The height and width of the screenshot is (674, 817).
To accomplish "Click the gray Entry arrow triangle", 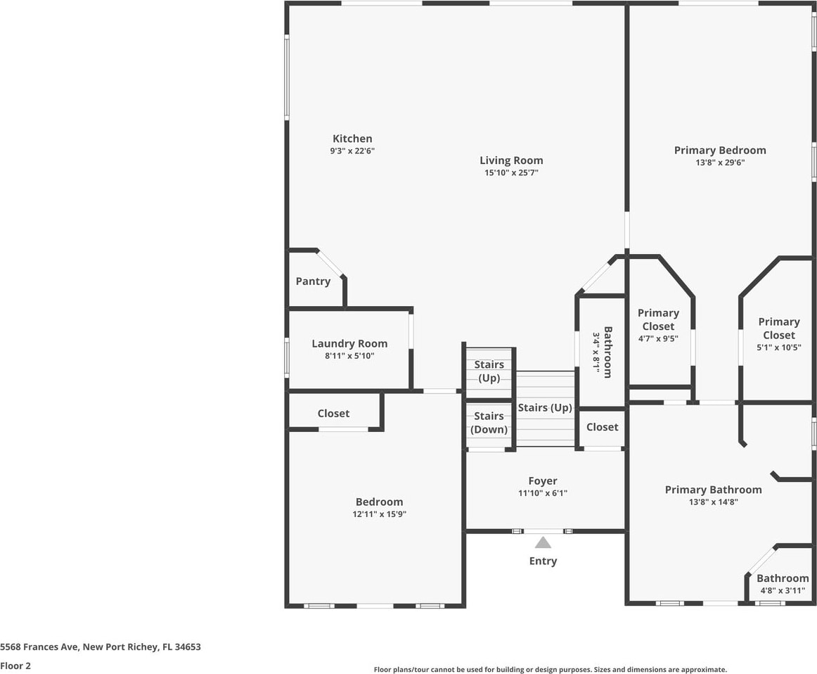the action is (x=543, y=542).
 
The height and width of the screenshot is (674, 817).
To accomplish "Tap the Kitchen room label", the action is (x=353, y=139).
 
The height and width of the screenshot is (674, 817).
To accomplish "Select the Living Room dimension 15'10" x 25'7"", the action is (x=511, y=172).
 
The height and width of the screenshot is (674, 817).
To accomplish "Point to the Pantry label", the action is (x=313, y=281).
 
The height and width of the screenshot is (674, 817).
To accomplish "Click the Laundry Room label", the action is (x=349, y=344).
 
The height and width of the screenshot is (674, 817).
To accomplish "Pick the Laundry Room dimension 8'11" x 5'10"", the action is (x=349, y=356).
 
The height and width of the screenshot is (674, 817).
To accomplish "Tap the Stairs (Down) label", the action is (x=489, y=423).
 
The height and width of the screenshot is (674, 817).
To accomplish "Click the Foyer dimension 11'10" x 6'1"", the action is (x=543, y=493).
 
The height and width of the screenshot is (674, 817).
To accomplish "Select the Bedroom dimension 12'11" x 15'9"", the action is (x=380, y=514).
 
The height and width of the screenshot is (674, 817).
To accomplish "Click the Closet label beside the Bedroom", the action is (x=333, y=414).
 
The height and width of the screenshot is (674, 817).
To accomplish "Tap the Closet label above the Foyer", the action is (x=603, y=427).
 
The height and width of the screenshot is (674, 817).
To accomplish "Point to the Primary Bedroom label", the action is (x=720, y=151).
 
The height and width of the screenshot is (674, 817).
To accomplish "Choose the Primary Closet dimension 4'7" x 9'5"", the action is (x=659, y=339).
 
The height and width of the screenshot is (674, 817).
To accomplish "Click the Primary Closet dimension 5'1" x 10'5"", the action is (x=779, y=347).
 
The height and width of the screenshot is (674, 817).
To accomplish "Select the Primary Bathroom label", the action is (x=714, y=490).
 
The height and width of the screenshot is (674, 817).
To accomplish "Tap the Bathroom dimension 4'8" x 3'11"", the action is (x=783, y=590).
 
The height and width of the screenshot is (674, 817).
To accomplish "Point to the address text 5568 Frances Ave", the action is (x=39, y=647).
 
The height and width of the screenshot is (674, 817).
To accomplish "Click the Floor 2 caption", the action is (x=15, y=666).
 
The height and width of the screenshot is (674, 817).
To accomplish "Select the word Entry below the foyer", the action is (x=543, y=561).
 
